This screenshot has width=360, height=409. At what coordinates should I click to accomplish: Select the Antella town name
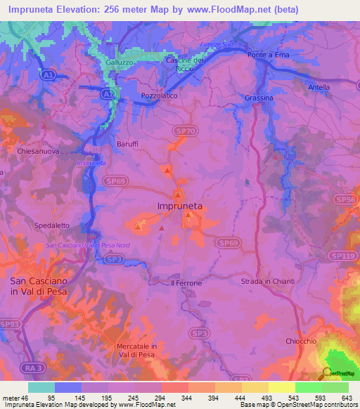click(x=319, y=87)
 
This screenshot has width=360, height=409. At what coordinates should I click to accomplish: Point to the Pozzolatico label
click(x=158, y=93)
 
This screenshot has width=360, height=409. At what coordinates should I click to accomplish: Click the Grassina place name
click(x=259, y=98)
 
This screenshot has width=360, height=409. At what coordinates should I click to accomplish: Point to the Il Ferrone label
click(x=186, y=283)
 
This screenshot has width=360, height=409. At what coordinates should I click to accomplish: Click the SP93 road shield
click(x=10, y=323)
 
